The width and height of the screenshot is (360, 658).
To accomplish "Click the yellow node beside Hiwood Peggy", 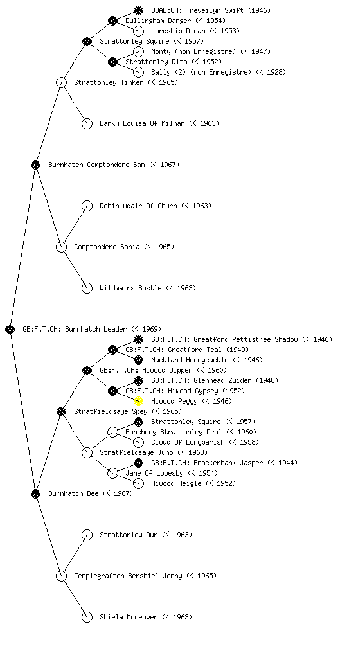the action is click(138, 401).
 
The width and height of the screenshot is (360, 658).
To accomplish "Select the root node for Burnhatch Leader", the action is click(10, 329).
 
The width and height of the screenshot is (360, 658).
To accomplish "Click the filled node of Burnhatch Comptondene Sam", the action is click(35, 164).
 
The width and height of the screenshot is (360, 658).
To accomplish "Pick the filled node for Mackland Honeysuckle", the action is click(138, 360).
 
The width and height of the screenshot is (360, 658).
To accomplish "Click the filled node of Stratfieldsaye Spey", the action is click(61, 411).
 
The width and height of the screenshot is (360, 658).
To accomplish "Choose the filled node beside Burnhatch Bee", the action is click(35, 493).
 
